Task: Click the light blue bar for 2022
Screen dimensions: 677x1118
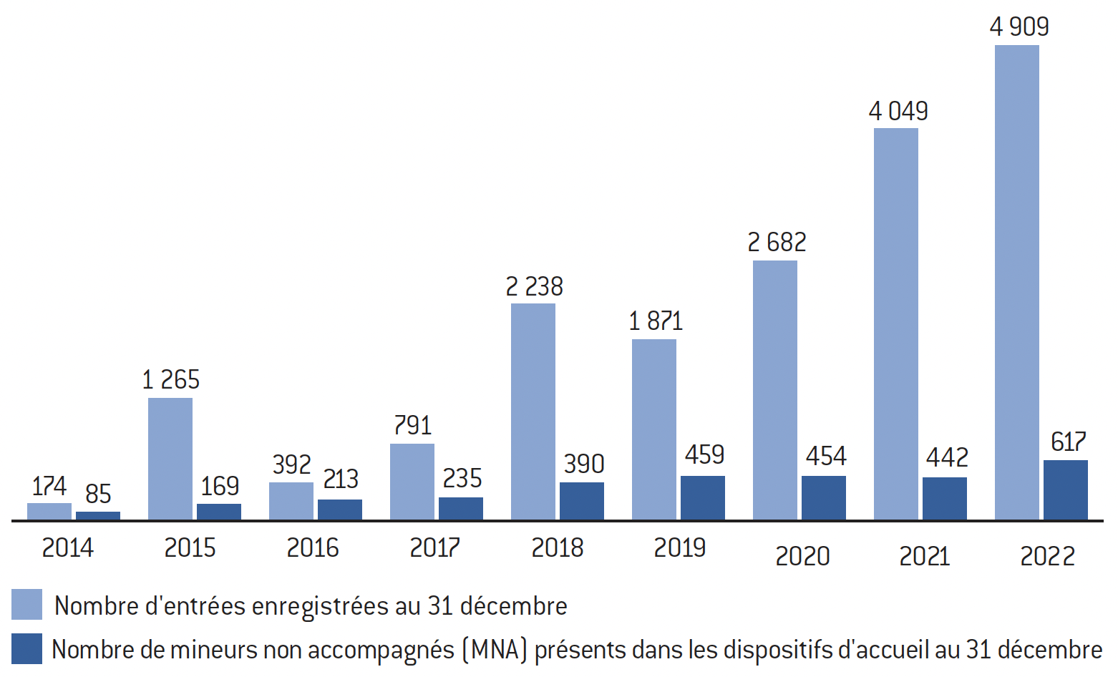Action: tap(1016, 282)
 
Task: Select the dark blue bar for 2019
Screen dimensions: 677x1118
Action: tap(702, 497)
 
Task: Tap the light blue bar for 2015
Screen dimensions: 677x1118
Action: tap(170, 458)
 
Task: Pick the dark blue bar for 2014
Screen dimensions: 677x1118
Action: tap(98, 515)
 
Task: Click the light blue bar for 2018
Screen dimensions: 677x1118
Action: tap(533, 411)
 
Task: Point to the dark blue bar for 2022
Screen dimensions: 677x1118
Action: tap(1065, 490)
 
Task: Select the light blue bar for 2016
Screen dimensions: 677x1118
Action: tap(291, 501)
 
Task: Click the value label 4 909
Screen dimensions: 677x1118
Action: tap(1019, 27)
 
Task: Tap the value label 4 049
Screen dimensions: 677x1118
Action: tap(898, 112)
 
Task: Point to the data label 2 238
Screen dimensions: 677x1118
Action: tap(534, 287)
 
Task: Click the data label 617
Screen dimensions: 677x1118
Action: tap(1068, 442)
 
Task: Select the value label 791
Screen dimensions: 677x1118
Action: tap(413, 426)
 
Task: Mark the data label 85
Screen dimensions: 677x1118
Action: tap(98, 494)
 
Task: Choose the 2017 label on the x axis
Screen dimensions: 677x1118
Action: tap(434, 548)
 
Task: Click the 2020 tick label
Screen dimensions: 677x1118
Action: tap(802, 556)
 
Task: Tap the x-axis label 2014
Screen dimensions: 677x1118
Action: tap(67, 548)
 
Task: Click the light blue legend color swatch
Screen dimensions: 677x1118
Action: tap(26, 605)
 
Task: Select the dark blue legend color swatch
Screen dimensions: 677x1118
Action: tap(26, 648)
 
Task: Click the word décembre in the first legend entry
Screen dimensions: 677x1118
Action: tap(513, 606)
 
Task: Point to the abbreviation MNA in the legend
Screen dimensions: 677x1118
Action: tap(494, 650)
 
